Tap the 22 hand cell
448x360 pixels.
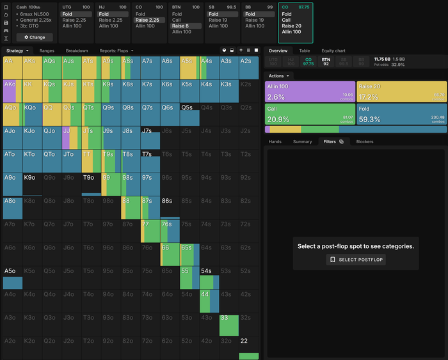[x=248, y=348]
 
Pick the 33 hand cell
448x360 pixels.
[x=228, y=325]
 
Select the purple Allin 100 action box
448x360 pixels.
[x=310, y=92]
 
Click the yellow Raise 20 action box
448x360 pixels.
[x=401, y=92]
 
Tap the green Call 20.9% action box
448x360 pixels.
[x=310, y=114]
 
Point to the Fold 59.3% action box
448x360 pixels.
[x=401, y=114]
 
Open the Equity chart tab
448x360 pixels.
[x=333, y=51]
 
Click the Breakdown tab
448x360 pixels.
[x=77, y=51]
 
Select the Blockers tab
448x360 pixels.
[x=365, y=141]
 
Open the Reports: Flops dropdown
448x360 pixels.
[x=116, y=51]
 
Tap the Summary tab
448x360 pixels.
[x=302, y=141]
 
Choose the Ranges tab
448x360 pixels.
[x=47, y=51]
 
